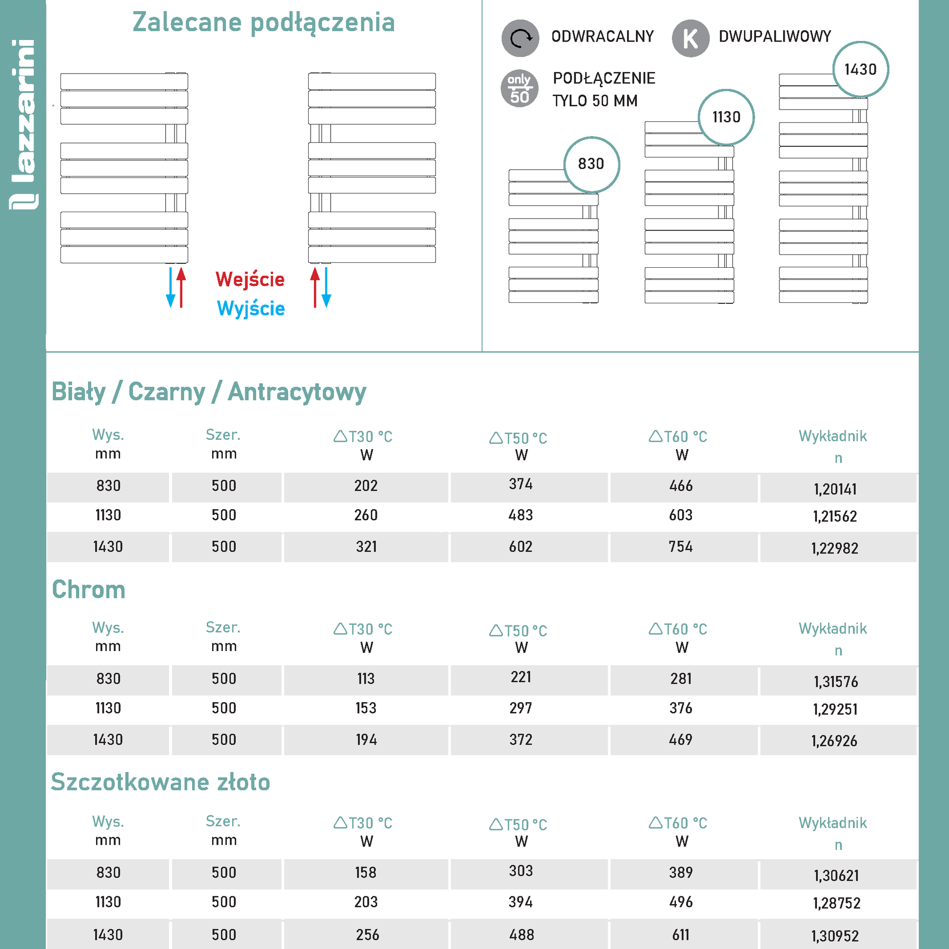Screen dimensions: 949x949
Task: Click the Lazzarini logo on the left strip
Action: (x=23, y=125)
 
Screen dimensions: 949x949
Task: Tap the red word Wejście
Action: (x=250, y=279)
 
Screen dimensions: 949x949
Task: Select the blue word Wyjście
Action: (x=251, y=309)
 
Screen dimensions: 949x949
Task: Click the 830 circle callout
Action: (x=591, y=164)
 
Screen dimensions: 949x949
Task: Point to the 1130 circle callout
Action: (x=726, y=117)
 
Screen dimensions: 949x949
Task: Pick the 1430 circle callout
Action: (x=860, y=69)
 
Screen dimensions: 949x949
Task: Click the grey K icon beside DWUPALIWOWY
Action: (x=690, y=39)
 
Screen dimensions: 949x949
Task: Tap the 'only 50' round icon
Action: (x=519, y=89)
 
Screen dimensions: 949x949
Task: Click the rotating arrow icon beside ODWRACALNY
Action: (x=520, y=39)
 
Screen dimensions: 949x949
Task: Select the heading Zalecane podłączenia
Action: (x=264, y=22)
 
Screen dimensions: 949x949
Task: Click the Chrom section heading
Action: (x=88, y=590)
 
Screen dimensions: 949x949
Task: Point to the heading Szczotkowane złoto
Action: (x=160, y=782)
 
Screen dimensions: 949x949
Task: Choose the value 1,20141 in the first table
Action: (x=835, y=489)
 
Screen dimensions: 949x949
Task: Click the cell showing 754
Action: (x=680, y=546)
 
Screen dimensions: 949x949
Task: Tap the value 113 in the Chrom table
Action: (x=366, y=678)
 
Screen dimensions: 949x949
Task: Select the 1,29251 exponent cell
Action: (x=835, y=709)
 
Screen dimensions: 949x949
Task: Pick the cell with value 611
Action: (x=680, y=934)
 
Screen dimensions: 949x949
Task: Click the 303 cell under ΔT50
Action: (x=521, y=870)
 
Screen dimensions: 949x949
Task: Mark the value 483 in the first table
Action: (x=521, y=515)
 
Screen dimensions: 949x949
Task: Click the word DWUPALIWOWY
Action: (x=774, y=37)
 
